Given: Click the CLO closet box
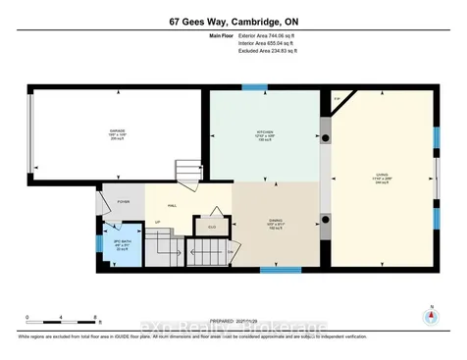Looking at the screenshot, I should [210, 228].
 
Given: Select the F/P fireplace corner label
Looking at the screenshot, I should [337, 99].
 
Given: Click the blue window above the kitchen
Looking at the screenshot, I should [255, 87].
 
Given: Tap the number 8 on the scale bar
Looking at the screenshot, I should [95, 316].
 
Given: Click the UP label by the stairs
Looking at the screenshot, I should [158, 223].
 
